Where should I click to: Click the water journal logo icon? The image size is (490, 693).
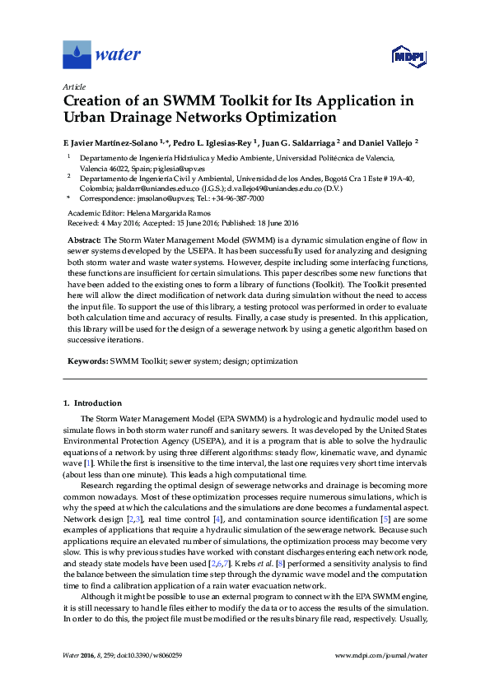pyautogui.click(x=77, y=55)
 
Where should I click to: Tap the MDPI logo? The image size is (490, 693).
pyautogui.click(x=401, y=56)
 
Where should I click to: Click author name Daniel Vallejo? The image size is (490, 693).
pyautogui.click(x=386, y=142)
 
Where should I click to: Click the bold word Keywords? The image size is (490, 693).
pyautogui.click(x=86, y=360)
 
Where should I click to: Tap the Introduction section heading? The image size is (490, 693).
pyautogui.click(x=97, y=403)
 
